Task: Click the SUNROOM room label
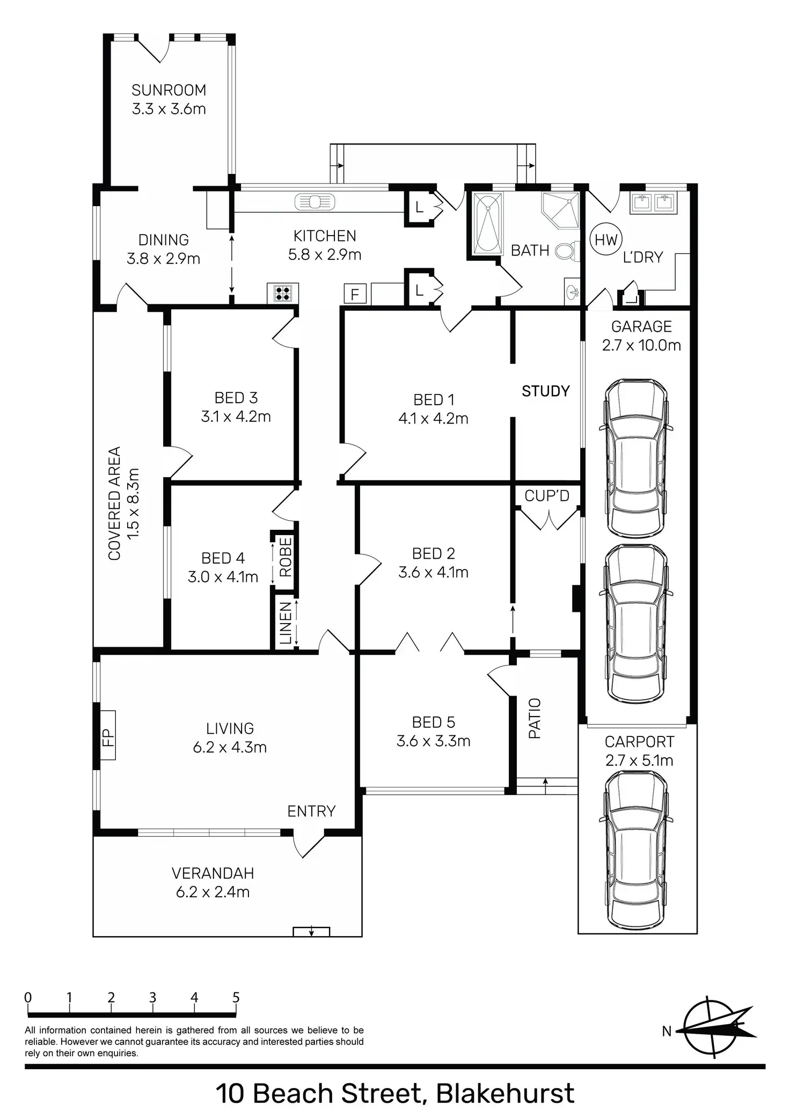tap(169, 90)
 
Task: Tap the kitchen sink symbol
tap(314, 202)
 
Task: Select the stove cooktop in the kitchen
tap(283, 293)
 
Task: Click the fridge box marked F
tap(355, 294)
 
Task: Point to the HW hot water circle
tap(606, 240)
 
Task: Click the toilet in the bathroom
tap(567, 251)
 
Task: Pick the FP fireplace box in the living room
tap(107, 735)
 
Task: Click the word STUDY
tap(545, 391)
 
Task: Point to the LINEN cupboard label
tap(286, 623)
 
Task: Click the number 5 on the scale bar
tap(236, 998)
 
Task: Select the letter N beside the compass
tap(667, 1031)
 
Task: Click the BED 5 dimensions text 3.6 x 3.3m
tap(433, 741)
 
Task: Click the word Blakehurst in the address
tap(505, 1093)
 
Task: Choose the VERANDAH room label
tap(213, 873)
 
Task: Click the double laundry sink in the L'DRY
tap(653, 202)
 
